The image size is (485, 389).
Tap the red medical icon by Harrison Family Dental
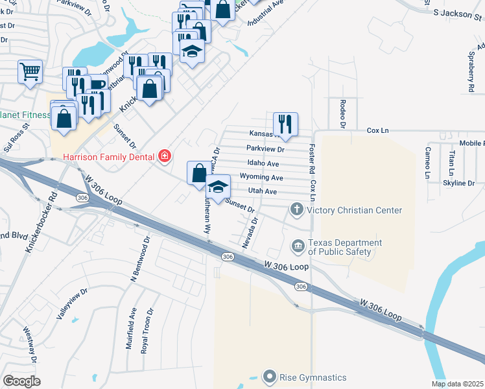[x=164, y=156]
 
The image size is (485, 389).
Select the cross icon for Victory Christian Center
[x=297, y=209]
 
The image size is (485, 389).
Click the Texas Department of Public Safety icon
[x=298, y=246]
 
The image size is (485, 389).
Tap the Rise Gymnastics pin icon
[x=270, y=377]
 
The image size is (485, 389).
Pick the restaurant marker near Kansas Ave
[x=285, y=123]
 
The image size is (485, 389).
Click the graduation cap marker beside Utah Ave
[x=219, y=187]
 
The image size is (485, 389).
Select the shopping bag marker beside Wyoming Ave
[x=199, y=173]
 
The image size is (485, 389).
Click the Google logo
[x=22, y=381]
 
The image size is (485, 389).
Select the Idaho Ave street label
[x=263, y=163]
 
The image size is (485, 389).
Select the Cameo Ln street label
[x=428, y=162]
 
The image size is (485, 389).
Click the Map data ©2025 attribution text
[x=457, y=384]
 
